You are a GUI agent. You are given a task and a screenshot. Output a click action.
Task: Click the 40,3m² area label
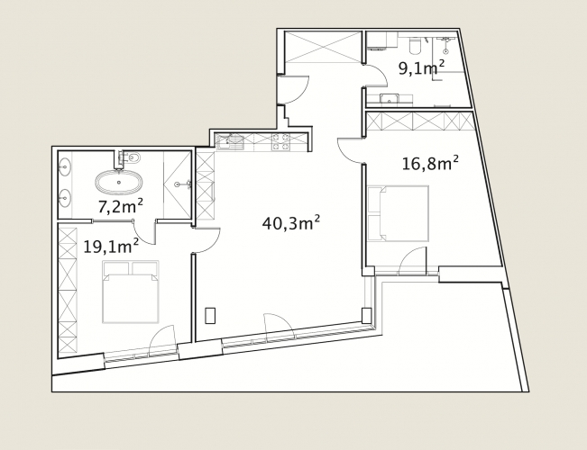[x=291, y=223]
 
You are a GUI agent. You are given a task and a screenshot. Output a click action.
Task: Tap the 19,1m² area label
[x=111, y=246]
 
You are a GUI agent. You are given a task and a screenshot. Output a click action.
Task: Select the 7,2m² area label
[x=121, y=206]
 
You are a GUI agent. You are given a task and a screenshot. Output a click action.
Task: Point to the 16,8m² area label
[x=430, y=163]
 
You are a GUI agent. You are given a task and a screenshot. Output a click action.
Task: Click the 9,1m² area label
[x=421, y=68]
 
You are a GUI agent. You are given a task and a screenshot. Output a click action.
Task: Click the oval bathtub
[x=119, y=183]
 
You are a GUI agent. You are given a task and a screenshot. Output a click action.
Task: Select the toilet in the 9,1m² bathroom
[x=415, y=44]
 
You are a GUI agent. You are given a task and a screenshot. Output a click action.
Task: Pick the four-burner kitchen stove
[x=280, y=142]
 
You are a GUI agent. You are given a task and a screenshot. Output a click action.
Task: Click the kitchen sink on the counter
[x=230, y=142]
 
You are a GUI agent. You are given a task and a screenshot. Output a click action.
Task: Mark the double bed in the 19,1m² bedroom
[x=130, y=292]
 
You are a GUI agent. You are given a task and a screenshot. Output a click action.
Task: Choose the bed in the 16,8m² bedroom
[x=398, y=213]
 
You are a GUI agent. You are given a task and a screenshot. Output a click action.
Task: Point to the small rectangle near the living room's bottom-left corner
[x=210, y=315]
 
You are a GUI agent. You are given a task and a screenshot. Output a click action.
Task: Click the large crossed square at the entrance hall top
[x=323, y=47]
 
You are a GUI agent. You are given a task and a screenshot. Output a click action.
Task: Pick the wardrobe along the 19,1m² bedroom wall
[x=68, y=291]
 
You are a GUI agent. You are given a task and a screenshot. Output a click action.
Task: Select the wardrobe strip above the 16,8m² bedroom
[x=420, y=121]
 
